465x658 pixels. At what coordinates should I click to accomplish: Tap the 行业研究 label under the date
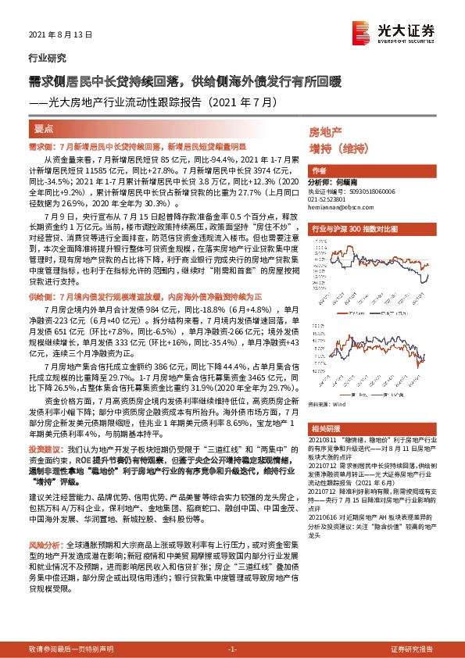click(48, 57)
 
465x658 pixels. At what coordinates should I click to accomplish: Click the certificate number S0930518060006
click(367, 189)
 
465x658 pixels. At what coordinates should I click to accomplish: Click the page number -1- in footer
click(231, 649)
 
